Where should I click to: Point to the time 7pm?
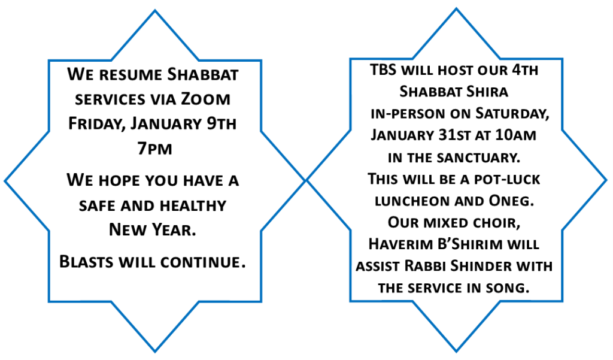(x=154, y=149)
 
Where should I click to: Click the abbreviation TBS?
(x=383, y=69)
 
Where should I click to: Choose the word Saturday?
(x=512, y=113)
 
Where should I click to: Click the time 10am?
(x=515, y=135)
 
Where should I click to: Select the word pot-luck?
(x=506, y=179)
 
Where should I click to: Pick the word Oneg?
(x=511, y=201)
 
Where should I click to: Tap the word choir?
(x=496, y=223)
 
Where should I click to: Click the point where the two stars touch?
(x=306, y=180)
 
